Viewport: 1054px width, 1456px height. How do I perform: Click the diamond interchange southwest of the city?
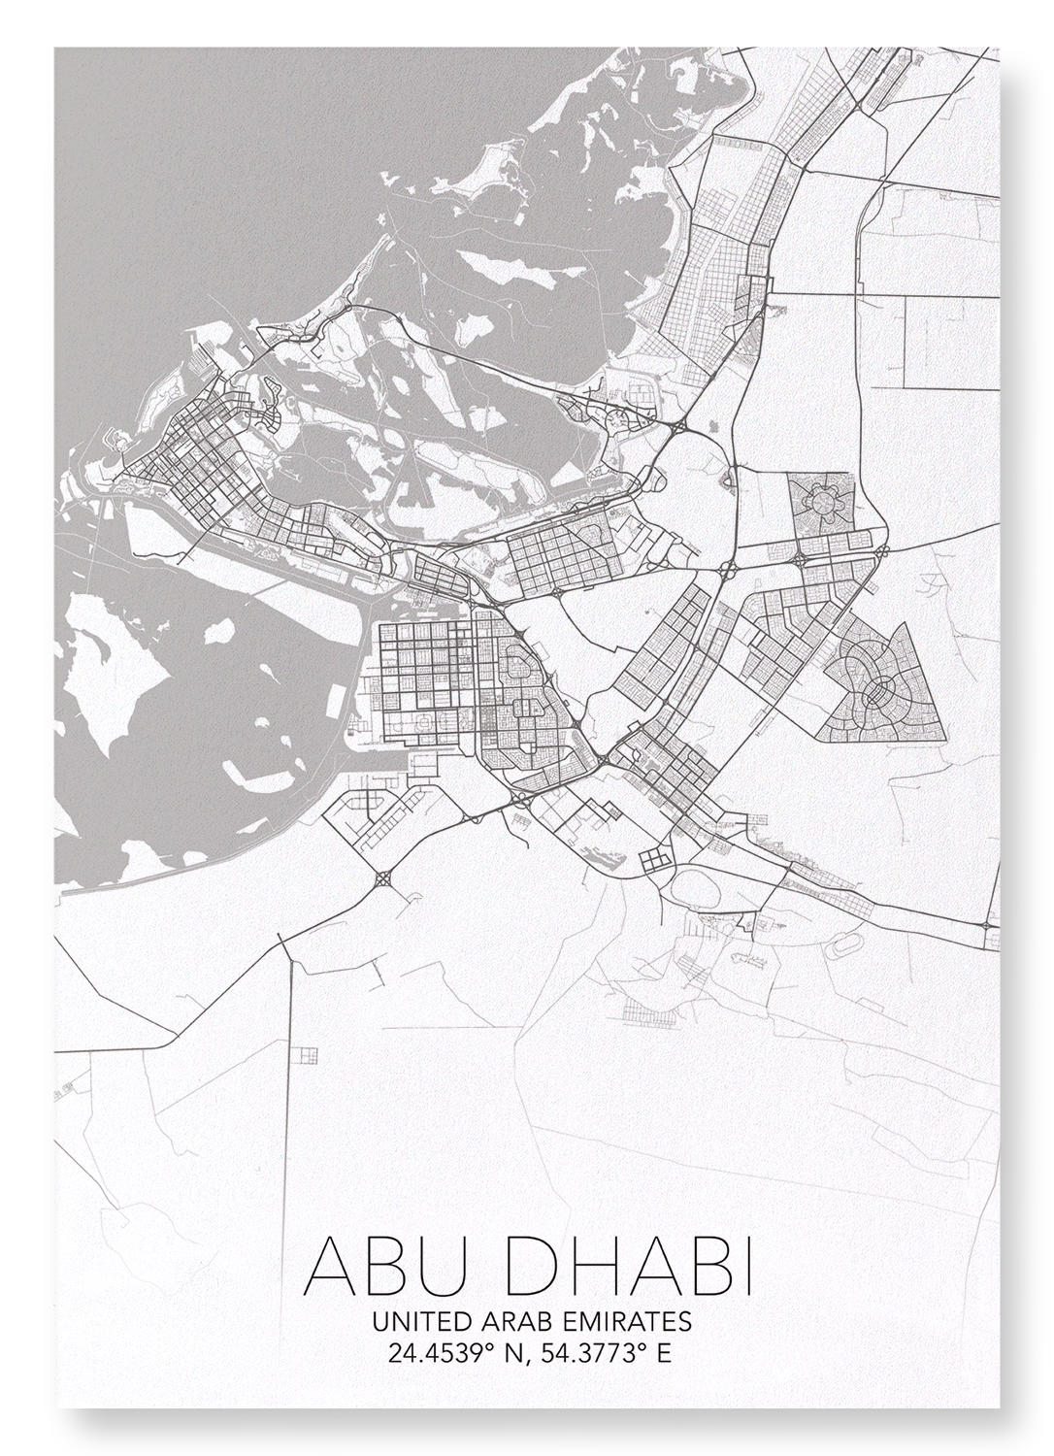pyautogui.click(x=382, y=879)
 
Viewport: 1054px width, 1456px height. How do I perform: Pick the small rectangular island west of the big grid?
pyautogui.click(x=337, y=699)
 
